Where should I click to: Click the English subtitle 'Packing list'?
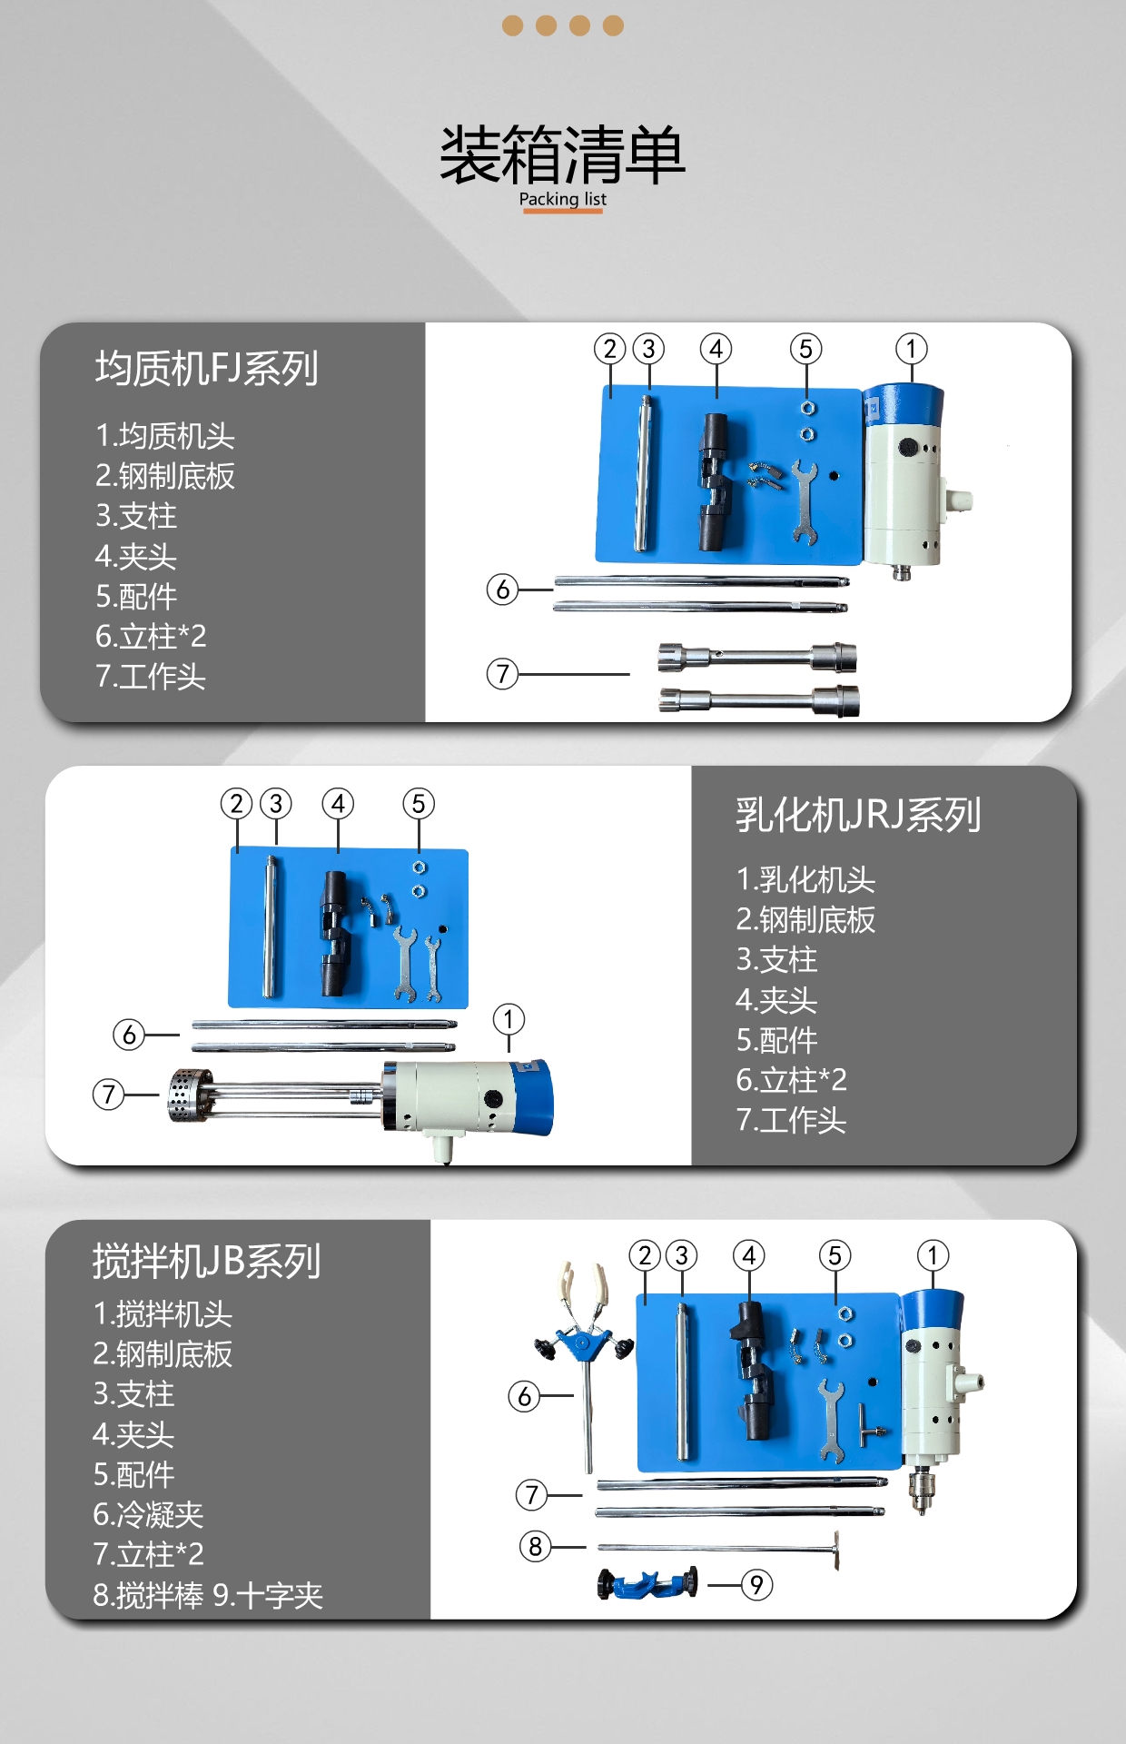click(x=562, y=199)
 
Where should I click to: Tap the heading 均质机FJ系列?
click(x=206, y=368)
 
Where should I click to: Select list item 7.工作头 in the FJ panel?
click(x=151, y=676)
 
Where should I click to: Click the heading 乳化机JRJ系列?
click(x=858, y=814)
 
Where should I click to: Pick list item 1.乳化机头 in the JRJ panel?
click(x=805, y=879)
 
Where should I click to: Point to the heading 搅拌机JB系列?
click(x=206, y=1261)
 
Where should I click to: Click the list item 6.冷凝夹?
click(x=148, y=1514)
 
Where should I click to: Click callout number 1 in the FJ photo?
click(x=911, y=349)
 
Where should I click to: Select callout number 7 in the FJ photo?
click(x=502, y=674)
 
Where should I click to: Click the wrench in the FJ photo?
click(x=804, y=500)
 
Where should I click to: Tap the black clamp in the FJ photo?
click(x=714, y=482)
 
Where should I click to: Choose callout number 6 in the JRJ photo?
click(x=129, y=1035)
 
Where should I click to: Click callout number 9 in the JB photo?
click(x=756, y=1585)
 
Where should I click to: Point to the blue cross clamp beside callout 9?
click(x=647, y=1583)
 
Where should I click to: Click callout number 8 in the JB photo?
click(x=535, y=1546)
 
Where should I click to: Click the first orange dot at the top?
click(x=512, y=25)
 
